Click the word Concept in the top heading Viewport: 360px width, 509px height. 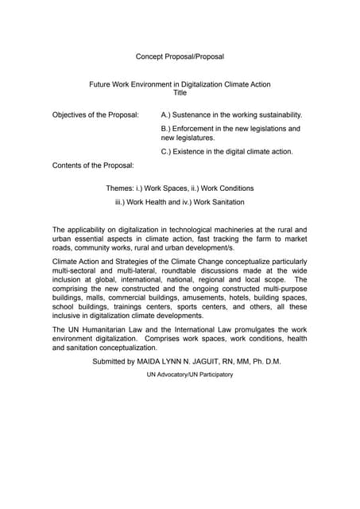(x=150, y=56)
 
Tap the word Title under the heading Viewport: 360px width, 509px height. (x=180, y=93)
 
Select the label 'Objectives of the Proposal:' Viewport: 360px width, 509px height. (x=95, y=115)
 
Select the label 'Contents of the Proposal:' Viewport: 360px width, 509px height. (x=93, y=165)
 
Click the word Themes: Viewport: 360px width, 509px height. (x=121, y=188)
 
